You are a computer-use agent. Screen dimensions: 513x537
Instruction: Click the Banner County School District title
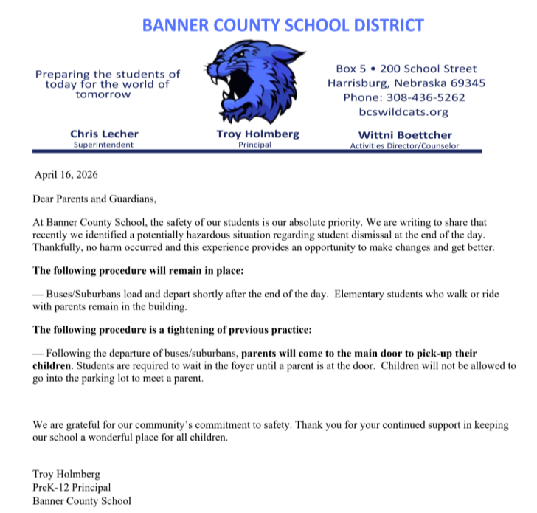(x=283, y=25)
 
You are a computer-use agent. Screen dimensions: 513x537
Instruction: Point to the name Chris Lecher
(x=104, y=134)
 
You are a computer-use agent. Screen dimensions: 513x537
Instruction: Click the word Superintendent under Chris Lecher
(x=104, y=145)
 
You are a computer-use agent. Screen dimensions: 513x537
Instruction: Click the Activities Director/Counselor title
(x=404, y=145)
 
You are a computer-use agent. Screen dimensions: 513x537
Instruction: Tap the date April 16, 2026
(x=66, y=176)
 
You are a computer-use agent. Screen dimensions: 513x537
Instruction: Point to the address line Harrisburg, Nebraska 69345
(x=406, y=83)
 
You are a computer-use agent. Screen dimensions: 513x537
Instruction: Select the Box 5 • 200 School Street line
(x=406, y=69)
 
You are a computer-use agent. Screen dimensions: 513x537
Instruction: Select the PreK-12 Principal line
(x=72, y=487)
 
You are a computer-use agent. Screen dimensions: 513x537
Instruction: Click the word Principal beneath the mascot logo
(x=254, y=145)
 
